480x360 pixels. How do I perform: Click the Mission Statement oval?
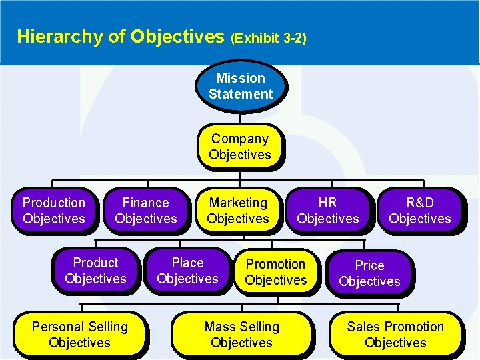pyautogui.click(x=240, y=86)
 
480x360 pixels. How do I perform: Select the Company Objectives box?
pyautogui.click(x=239, y=147)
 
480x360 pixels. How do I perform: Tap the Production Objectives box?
pyautogui.click(x=53, y=211)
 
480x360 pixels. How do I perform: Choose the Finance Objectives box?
pyautogui.click(x=145, y=211)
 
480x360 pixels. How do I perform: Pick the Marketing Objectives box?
pyautogui.click(x=237, y=211)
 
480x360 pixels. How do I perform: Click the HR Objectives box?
pyautogui.click(x=327, y=211)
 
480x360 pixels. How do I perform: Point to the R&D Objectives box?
pyautogui.click(x=419, y=211)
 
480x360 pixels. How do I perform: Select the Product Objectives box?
pyautogui.click(x=95, y=271)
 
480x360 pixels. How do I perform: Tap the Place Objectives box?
pyautogui.click(x=187, y=271)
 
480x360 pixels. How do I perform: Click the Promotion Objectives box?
pyautogui.click(x=275, y=272)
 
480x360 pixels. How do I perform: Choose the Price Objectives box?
pyautogui.click(x=369, y=273)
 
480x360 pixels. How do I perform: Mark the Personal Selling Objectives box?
pyautogui.click(x=79, y=335)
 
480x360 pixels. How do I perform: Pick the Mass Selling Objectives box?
pyautogui.click(x=241, y=335)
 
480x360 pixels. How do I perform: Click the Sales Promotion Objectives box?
pyautogui.click(x=395, y=335)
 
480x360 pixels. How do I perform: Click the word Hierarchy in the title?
pyautogui.click(x=58, y=36)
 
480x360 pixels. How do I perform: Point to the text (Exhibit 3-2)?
pyautogui.click(x=268, y=38)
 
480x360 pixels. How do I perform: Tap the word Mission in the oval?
pyautogui.click(x=240, y=78)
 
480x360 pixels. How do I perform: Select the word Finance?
pyautogui.click(x=145, y=203)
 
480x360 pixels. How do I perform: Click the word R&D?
pyautogui.click(x=419, y=203)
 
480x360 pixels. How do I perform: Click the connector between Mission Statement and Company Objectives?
pyautogui.click(x=240, y=117)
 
